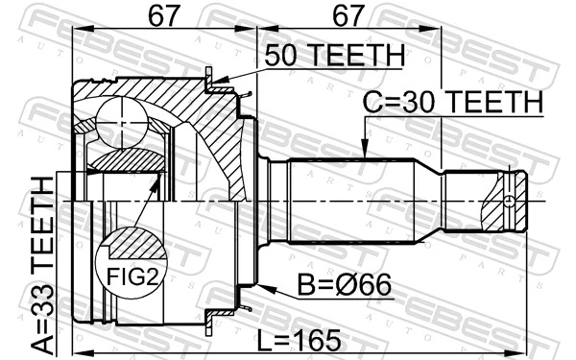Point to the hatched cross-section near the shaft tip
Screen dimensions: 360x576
[x=505, y=202]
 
